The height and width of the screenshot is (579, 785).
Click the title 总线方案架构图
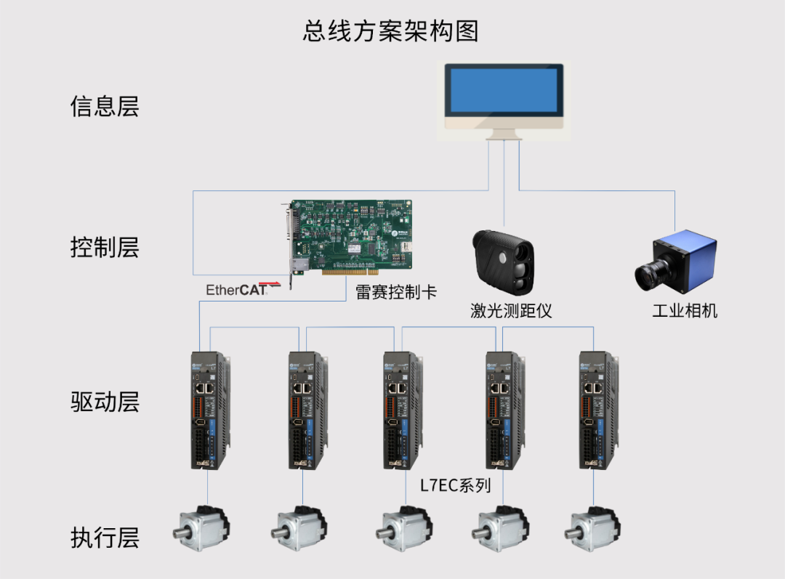point(390,31)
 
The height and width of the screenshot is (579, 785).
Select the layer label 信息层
point(105,106)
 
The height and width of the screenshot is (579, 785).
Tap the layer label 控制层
point(105,247)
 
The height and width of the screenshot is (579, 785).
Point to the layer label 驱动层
point(105,402)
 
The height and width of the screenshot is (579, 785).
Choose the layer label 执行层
point(105,538)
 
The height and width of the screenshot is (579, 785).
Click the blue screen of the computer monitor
point(504,90)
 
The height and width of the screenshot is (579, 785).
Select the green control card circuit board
point(350,237)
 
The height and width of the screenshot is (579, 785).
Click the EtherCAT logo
point(243,288)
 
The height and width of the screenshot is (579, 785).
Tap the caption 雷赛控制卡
point(396,292)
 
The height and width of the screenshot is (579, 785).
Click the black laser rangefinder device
point(503,262)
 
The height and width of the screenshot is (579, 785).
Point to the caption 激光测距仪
point(511,311)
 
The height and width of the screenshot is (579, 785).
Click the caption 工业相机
point(685,311)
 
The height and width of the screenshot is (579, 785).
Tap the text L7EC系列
point(455,485)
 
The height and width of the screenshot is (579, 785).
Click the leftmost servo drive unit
point(210,410)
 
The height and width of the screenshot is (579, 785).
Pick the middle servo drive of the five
point(403,410)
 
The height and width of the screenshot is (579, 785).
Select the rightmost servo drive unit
point(599,410)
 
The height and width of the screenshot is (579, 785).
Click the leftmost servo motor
point(202,528)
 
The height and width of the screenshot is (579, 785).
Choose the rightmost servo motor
point(593,528)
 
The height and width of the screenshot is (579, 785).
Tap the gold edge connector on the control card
point(350,272)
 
